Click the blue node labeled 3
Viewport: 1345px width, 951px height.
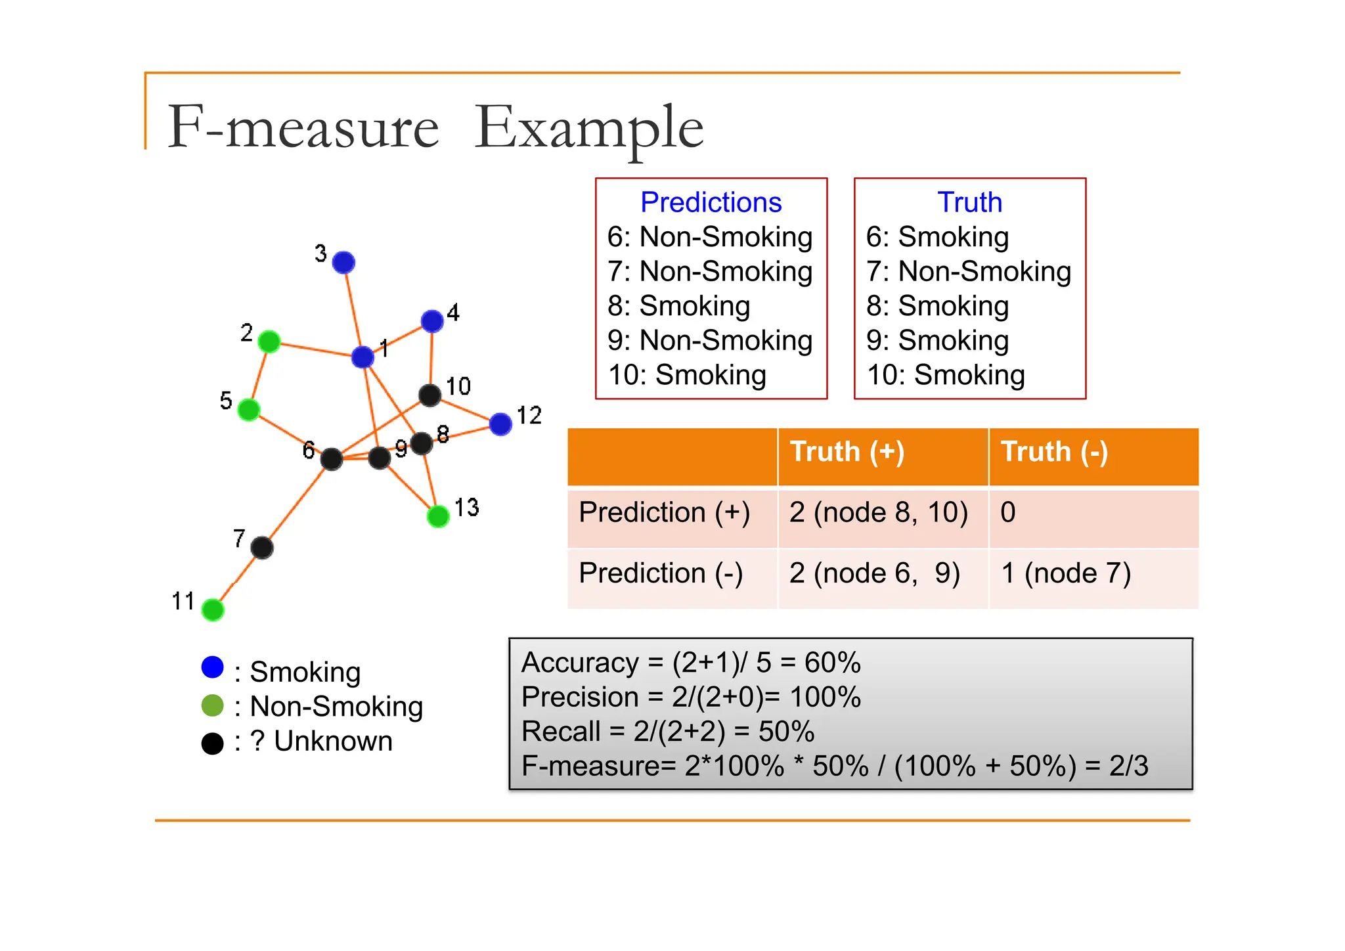coord(343,263)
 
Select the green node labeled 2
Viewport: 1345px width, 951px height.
coord(269,342)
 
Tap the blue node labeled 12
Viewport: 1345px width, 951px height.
coord(500,424)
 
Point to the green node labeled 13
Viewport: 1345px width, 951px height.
coord(438,516)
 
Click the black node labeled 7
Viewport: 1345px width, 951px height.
coord(262,547)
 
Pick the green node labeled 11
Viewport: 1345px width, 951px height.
coord(213,609)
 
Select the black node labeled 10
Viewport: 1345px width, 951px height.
coord(430,395)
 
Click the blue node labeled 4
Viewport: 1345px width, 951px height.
coord(432,321)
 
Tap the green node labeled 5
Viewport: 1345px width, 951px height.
coord(248,410)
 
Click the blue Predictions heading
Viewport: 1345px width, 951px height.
coord(711,202)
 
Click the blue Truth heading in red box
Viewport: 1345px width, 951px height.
coord(969,202)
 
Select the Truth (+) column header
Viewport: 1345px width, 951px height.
coord(847,452)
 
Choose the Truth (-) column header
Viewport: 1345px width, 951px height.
coord(1054,452)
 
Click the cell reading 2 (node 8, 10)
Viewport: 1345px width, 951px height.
coord(879,512)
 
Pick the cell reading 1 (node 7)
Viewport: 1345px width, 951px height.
coord(1065,573)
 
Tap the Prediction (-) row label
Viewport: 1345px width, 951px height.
coord(661,573)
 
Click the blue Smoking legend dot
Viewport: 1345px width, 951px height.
coord(213,667)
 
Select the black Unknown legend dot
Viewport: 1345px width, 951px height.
coord(213,743)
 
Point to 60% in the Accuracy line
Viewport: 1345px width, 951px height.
coord(832,663)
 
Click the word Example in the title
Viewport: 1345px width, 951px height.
coord(588,128)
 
